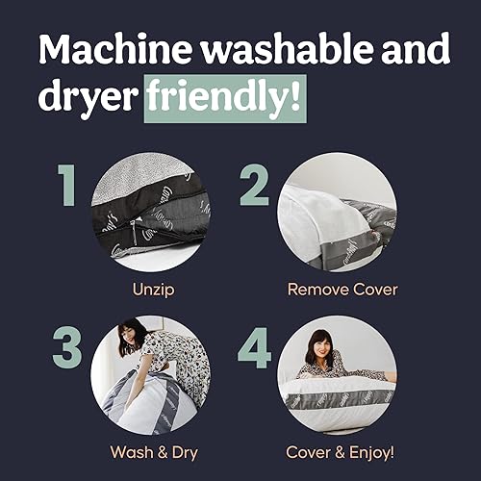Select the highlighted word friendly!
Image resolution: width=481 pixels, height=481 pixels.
point(225,98)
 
